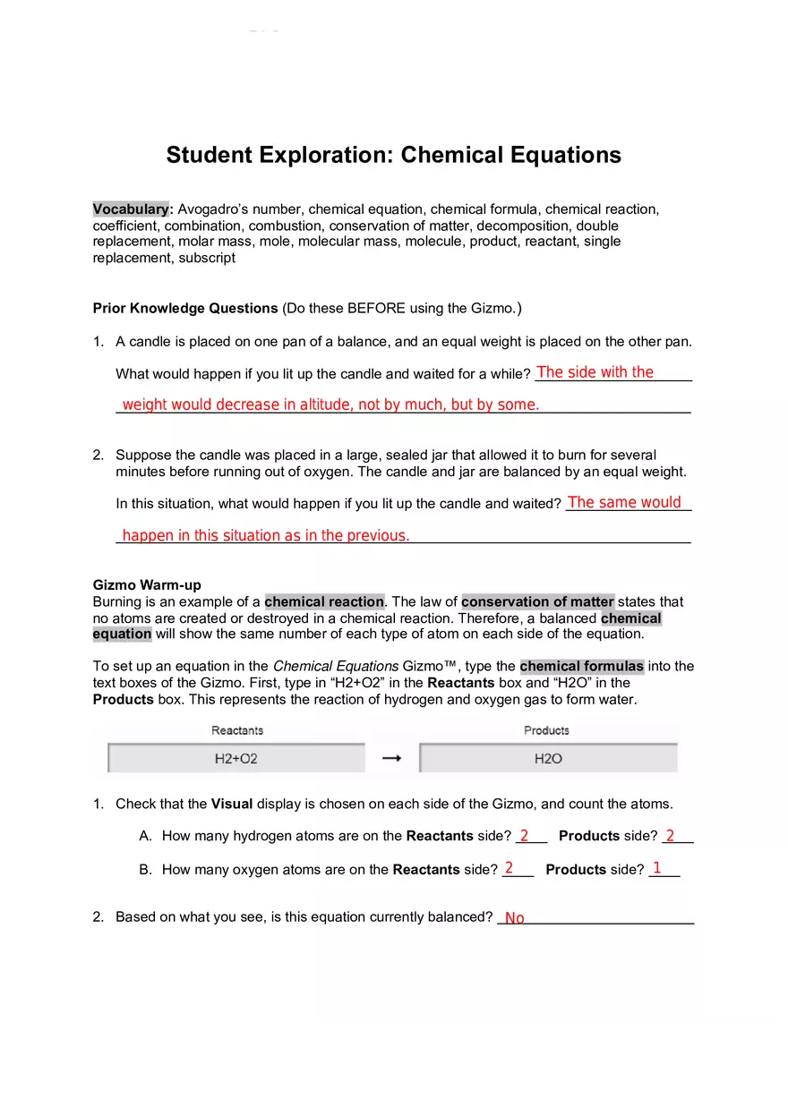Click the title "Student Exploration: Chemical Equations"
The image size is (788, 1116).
tap(393, 155)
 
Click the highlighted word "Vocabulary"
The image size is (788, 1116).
tap(131, 209)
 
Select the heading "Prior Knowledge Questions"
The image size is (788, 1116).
tap(185, 309)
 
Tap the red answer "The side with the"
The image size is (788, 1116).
tap(595, 372)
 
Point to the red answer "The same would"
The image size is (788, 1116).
tap(624, 503)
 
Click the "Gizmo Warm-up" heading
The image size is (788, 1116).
tap(147, 585)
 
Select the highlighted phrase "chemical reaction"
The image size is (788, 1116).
tap(324, 602)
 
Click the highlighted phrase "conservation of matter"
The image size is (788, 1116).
tap(537, 602)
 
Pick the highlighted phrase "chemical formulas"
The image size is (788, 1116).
tap(581, 667)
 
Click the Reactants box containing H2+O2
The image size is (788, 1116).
tap(236, 759)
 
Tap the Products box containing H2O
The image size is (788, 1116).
tap(548, 759)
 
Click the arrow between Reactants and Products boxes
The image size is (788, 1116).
tap(391, 759)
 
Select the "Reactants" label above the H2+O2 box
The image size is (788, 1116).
tap(236, 731)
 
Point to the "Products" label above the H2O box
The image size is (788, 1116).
tap(546, 731)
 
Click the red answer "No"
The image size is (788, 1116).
tap(515, 918)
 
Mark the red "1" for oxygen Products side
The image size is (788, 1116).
tap(657, 868)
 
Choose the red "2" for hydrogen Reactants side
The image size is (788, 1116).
tap(524, 836)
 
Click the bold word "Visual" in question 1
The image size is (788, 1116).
tap(232, 804)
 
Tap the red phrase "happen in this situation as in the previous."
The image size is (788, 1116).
tap(266, 536)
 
